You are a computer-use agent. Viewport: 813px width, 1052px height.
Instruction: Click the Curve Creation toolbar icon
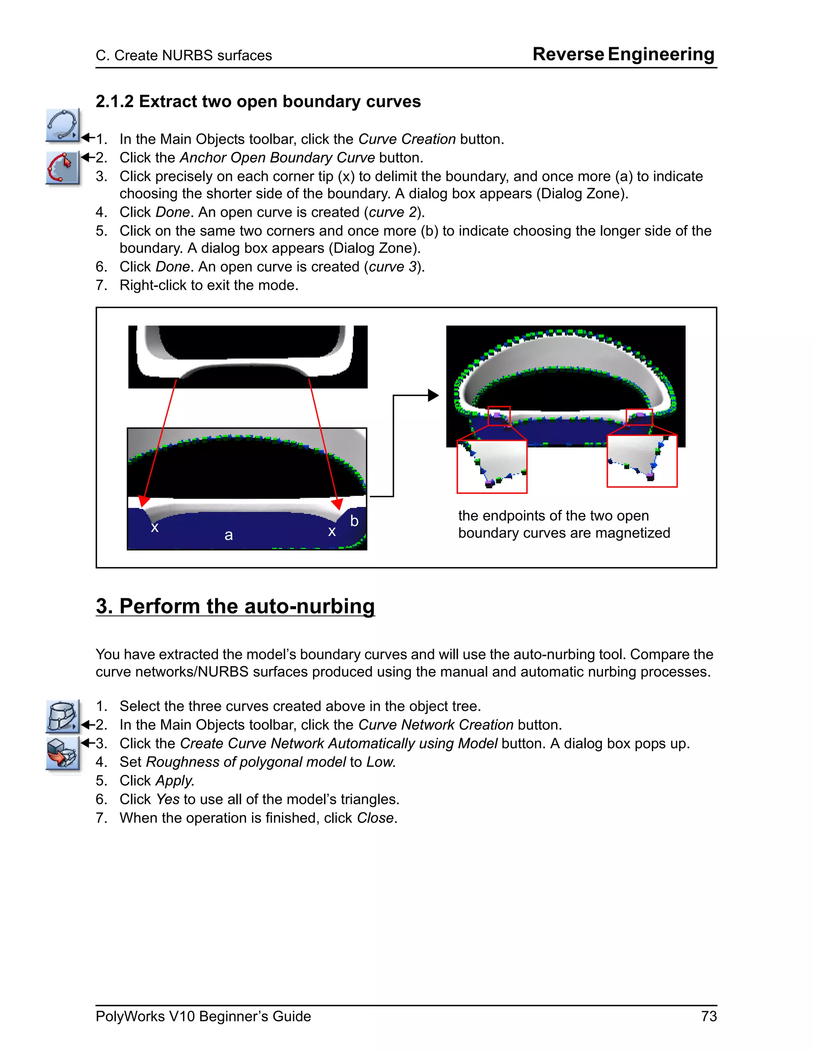coord(63,125)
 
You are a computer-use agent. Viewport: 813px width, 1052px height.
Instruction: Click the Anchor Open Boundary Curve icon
coord(63,168)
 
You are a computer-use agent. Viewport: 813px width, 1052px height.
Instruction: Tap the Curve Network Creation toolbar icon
coord(63,716)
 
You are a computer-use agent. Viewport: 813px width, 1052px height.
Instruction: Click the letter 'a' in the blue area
coord(229,535)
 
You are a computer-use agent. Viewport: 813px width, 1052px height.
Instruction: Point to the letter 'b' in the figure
coord(354,521)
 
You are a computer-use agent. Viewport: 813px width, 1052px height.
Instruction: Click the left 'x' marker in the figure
coord(154,528)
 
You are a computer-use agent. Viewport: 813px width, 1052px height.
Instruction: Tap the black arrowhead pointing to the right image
coord(433,395)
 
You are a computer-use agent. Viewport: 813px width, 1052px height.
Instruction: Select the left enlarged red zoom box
coord(492,466)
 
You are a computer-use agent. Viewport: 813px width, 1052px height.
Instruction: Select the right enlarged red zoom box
coord(642,461)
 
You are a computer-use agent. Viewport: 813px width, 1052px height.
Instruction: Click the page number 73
coord(709,1016)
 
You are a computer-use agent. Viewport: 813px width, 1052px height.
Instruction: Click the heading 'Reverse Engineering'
coord(623,54)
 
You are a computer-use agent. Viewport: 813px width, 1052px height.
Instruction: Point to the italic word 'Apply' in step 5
coord(173,781)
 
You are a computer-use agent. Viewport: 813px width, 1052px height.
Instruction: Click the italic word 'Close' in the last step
coord(375,818)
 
